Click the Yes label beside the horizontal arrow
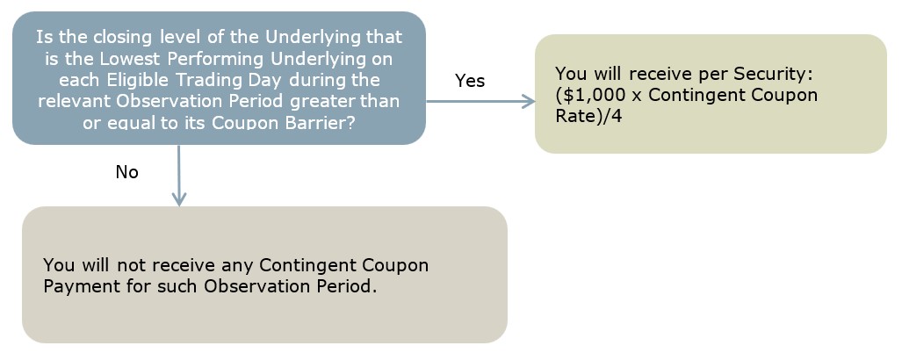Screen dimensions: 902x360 pyautogui.click(x=470, y=81)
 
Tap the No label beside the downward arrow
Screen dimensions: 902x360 pyautogui.click(x=127, y=172)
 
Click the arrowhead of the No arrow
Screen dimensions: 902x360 pyautogui.click(x=179, y=198)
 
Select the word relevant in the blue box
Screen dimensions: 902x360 pyautogui.click(x=75, y=101)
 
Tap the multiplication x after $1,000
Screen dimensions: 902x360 pyautogui.click(x=636, y=97)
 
